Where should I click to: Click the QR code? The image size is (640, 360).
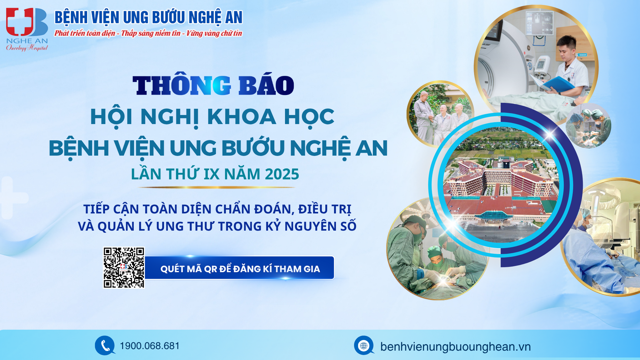124,267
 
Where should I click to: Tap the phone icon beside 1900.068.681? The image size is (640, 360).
105,345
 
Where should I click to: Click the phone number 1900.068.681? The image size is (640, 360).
150,346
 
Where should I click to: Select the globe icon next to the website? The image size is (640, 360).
364,345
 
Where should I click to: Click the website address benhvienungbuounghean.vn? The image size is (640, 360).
455,347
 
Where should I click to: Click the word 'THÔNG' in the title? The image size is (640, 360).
182,85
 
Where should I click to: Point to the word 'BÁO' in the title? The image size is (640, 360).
266,85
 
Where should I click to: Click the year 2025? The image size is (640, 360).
282,174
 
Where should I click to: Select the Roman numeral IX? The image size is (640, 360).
212,174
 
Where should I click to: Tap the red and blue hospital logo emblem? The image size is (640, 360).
27,22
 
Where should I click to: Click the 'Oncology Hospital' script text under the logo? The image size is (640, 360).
27,47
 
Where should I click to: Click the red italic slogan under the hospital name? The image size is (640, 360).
148,33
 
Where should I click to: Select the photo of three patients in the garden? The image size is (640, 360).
440,114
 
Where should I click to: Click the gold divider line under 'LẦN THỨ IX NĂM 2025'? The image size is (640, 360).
216,187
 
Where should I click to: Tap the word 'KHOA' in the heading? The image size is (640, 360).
242,117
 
